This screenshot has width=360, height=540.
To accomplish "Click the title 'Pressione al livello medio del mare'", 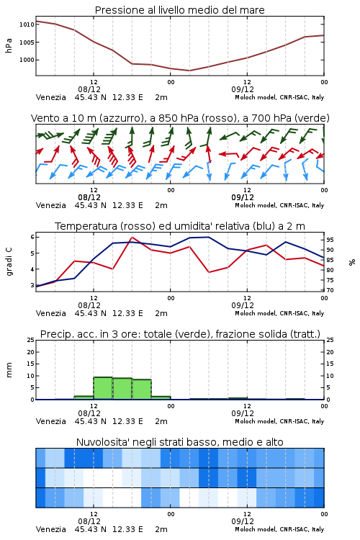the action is [179, 10].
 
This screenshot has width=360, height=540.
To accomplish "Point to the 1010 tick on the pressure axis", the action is [27, 24].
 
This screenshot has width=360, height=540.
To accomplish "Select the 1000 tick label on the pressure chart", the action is [27, 60].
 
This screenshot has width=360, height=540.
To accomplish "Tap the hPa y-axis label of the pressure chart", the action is [9, 45].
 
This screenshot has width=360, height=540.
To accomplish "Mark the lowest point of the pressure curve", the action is [189, 71].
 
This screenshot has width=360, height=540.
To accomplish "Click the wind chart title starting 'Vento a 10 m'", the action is [180, 118].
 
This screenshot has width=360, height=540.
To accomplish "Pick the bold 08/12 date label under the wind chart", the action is [89, 197].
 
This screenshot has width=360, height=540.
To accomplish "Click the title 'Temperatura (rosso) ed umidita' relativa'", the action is [180, 226].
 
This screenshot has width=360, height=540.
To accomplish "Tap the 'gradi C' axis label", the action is [9, 262].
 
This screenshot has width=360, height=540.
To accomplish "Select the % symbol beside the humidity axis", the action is [352, 262].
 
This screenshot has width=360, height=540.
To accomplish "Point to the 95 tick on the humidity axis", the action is [330, 240].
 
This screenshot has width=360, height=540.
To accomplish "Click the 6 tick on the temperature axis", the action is [32, 237].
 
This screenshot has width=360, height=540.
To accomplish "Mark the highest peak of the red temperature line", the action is [132, 238].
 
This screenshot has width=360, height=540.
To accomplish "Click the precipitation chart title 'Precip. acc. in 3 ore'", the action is [180, 334].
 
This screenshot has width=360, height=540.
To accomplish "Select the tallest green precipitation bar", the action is [103, 388].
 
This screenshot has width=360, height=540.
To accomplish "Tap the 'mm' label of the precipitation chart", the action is [9, 369].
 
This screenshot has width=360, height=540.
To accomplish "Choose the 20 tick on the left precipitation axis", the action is [31, 352].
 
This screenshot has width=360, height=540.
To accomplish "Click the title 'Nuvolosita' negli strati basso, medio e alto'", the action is [179, 442].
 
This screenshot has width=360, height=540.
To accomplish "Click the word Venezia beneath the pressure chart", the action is [50, 97].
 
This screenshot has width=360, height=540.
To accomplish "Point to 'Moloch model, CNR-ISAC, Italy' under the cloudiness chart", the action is [279, 529].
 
